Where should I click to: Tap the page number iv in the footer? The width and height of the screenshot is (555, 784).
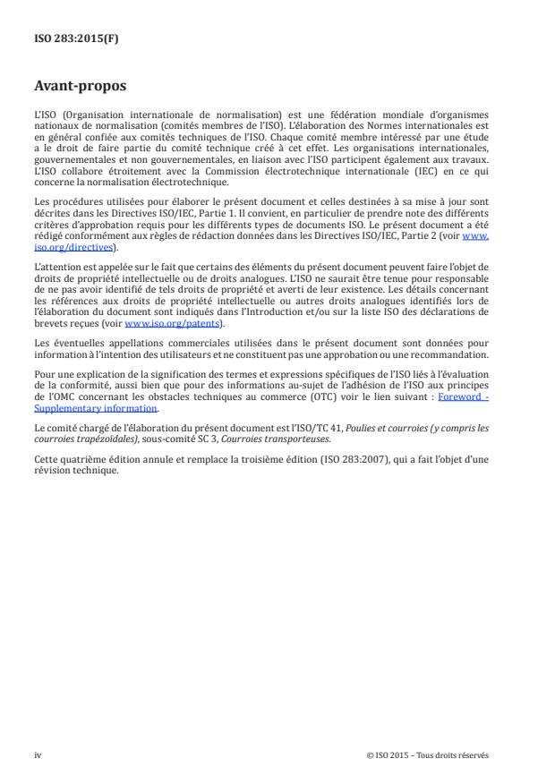coord(38,754)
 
